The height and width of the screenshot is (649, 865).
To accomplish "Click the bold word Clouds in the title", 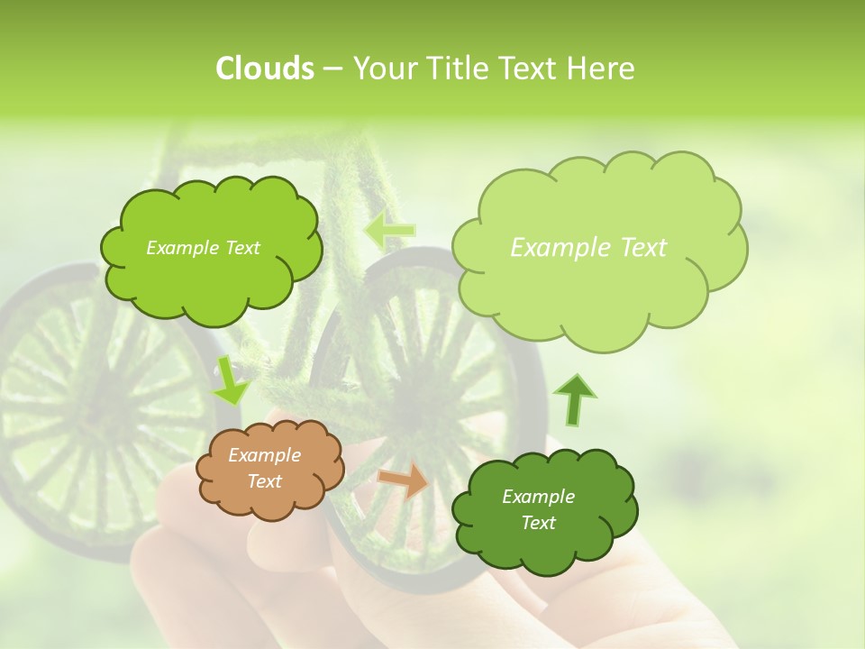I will [x=264, y=68].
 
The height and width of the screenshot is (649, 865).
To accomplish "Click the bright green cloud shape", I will [x=209, y=251].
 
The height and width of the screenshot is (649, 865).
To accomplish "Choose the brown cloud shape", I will [x=269, y=470].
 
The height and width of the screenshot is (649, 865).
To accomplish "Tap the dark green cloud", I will [x=542, y=510].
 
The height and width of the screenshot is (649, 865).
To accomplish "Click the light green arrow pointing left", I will [x=389, y=231].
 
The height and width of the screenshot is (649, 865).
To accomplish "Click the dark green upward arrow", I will [x=574, y=399].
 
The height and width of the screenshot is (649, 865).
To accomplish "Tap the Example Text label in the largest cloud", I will [x=588, y=247].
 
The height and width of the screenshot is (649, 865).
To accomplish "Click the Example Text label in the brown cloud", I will [x=264, y=469].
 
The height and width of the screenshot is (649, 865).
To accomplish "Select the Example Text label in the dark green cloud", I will [x=538, y=509].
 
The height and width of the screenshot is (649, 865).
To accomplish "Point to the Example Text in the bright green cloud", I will [x=203, y=248].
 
